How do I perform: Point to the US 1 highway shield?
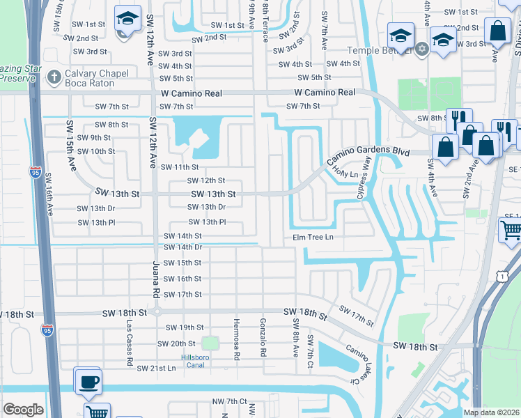tap(501, 277)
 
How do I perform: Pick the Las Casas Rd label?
tap(129, 343)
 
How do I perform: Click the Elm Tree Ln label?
tap(313, 238)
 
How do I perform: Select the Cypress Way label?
tap(364, 177)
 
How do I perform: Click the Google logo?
tap(23, 409)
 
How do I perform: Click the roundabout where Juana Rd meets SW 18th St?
tap(157, 313)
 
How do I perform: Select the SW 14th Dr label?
tap(182, 247)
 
